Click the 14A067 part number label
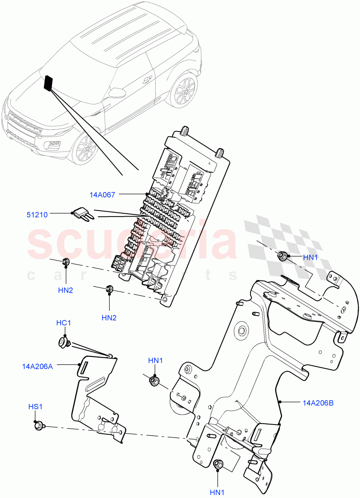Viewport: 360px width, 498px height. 102,194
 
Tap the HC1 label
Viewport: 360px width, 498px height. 64,323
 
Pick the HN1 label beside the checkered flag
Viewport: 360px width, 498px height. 310,257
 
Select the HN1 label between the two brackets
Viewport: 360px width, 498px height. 155,361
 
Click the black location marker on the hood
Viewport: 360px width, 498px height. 49,83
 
